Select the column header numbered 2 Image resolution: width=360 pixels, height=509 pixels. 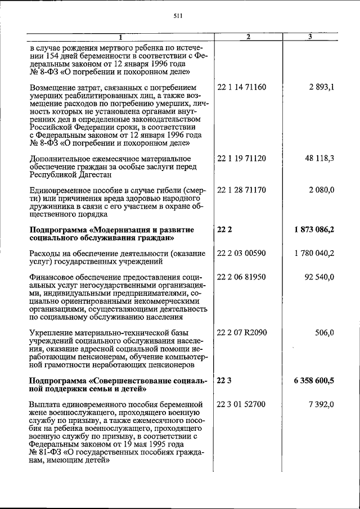(248, 37)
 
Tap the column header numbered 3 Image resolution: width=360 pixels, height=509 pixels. (310, 37)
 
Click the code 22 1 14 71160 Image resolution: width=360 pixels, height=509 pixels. (241, 88)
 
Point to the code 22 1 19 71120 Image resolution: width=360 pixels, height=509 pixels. (241, 159)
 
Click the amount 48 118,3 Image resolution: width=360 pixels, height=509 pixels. (319, 159)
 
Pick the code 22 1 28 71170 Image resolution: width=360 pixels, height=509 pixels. (241, 191)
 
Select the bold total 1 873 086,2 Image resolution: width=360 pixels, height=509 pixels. (314, 230)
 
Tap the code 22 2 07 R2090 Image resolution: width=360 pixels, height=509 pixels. (242, 332)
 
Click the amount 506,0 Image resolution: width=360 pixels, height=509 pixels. (325, 332)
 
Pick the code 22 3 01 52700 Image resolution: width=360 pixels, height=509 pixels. (241, 404)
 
